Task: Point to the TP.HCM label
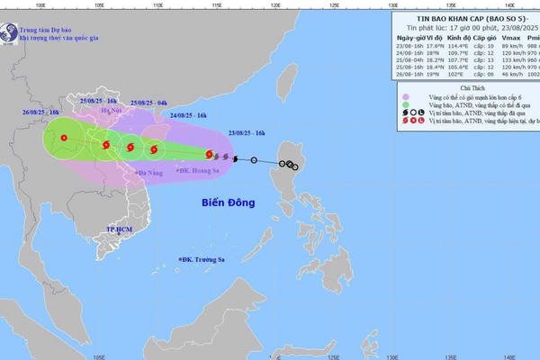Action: (120, 229)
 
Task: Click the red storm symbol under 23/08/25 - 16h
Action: (209, 155)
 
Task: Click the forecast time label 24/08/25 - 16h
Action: (187, 116)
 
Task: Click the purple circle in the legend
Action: (406, 98)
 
